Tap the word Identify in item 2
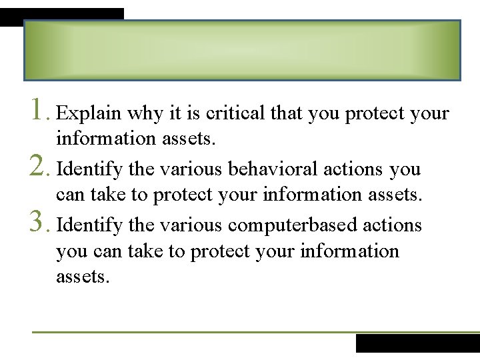[x=89, y=169]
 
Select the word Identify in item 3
[x=89, y=225]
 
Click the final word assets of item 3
[x=81, y=277]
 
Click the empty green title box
[x=242, y=51]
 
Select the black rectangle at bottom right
[x=417, y=343]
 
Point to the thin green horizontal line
[x=200, y=332]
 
